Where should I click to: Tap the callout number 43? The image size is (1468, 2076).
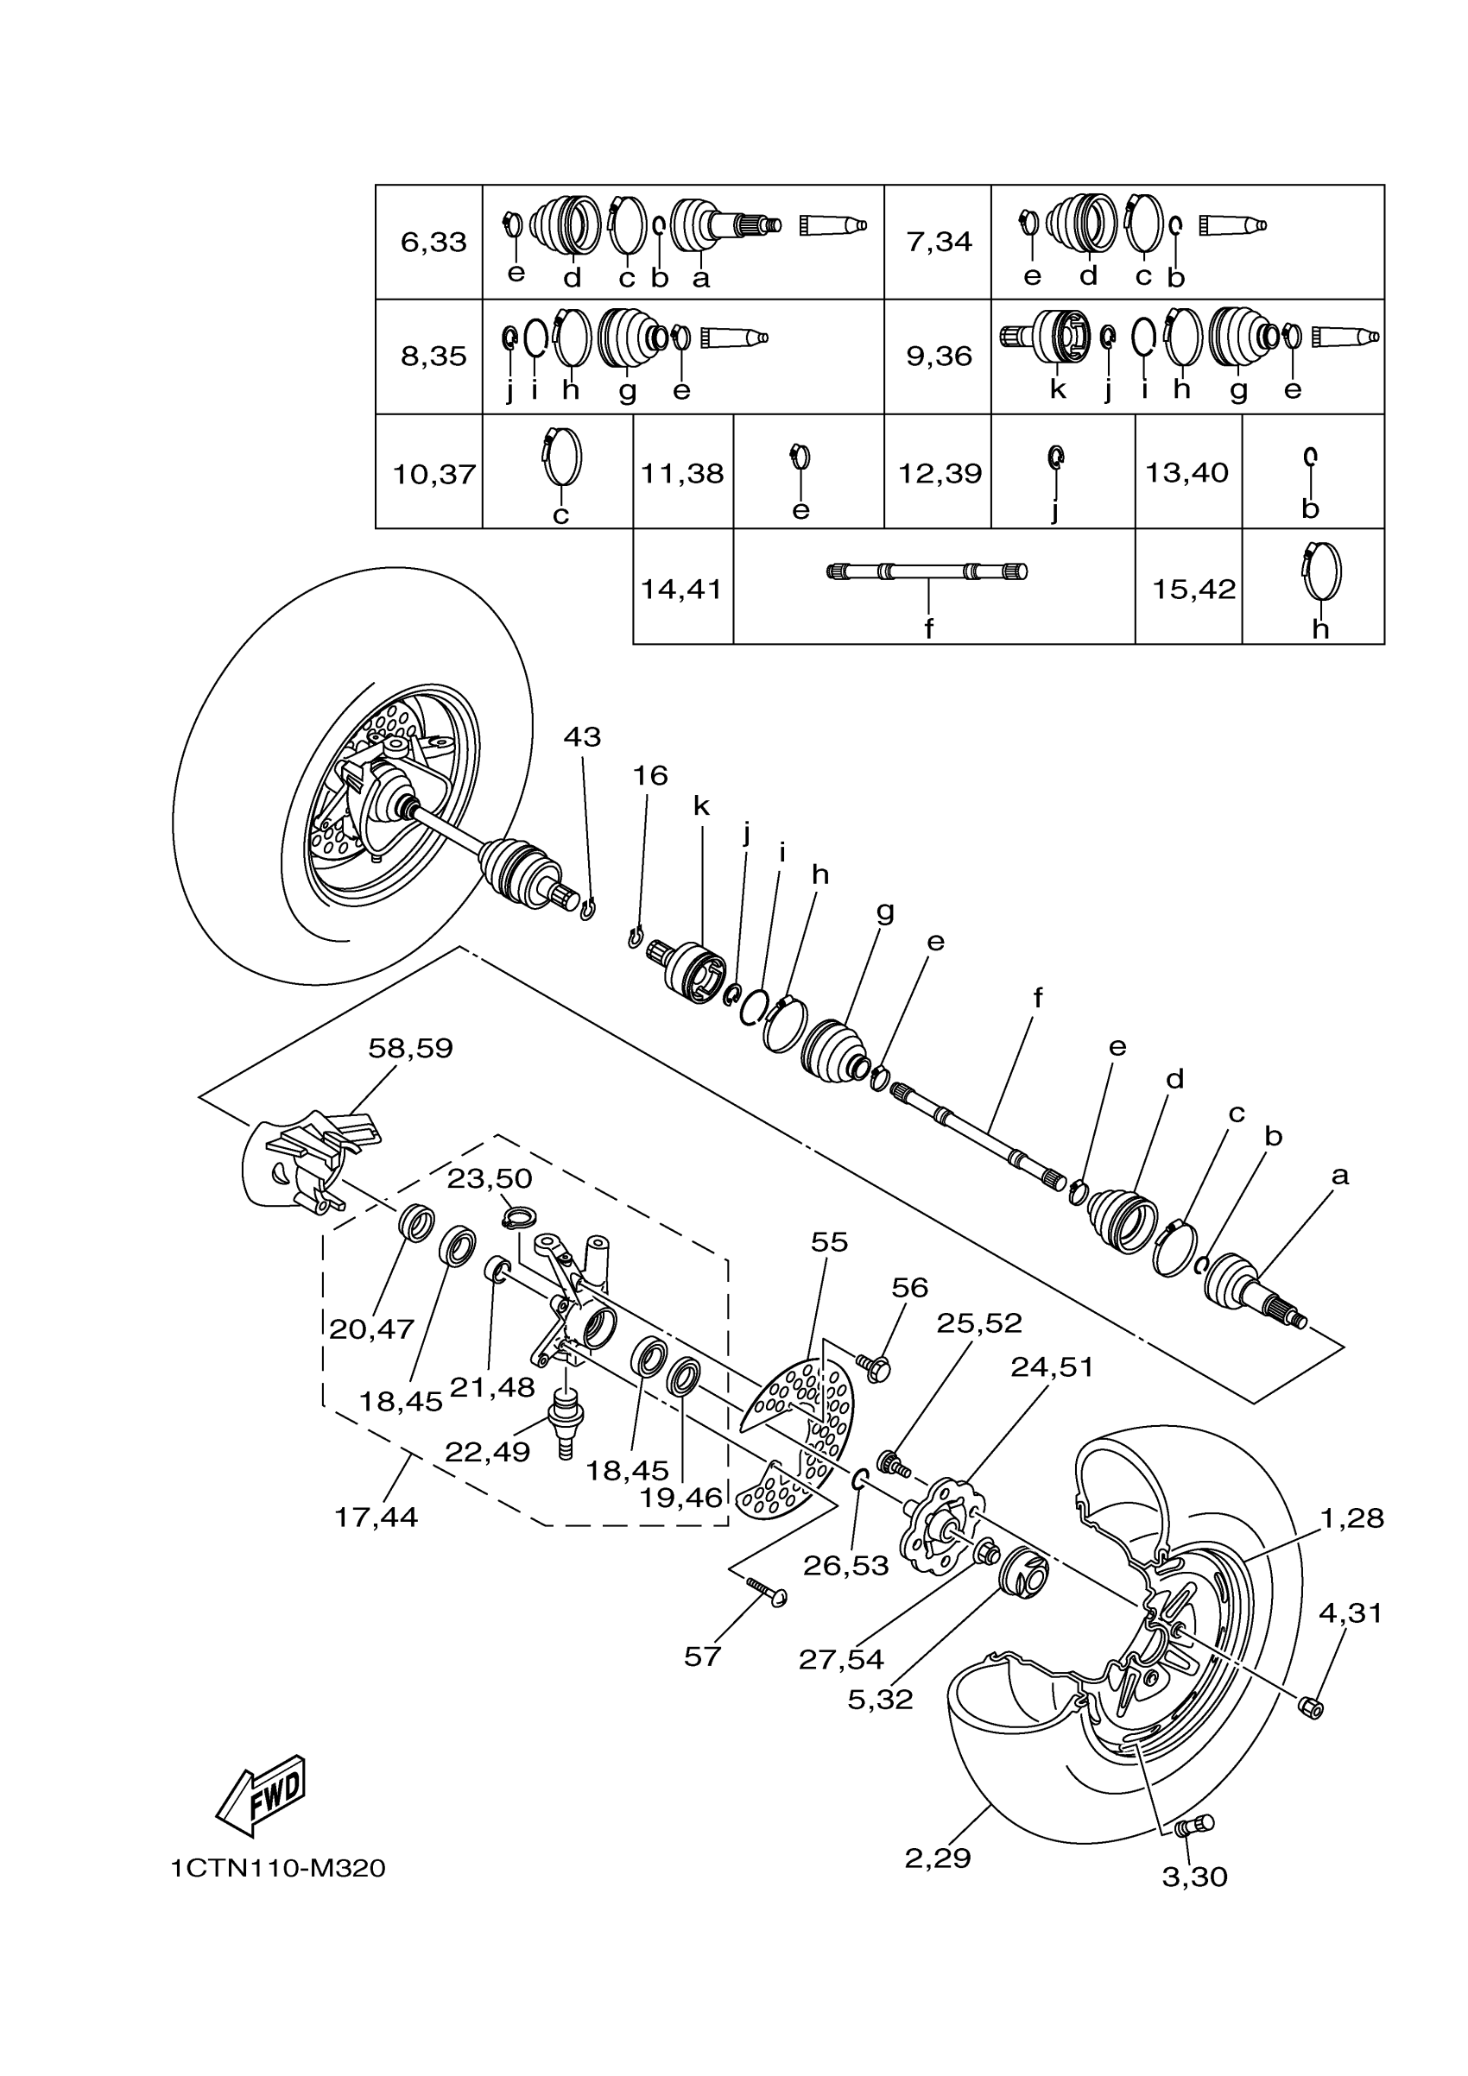(582, 737)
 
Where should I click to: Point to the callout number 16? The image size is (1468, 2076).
(649, 776)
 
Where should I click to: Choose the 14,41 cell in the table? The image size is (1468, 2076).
(682, 590)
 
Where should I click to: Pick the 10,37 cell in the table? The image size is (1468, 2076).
(434, 474)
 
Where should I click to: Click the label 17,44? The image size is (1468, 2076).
(376, 1518)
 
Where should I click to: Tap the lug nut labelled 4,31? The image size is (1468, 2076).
(1310, 1707)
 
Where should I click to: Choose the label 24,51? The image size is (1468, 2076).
(1052, 1367)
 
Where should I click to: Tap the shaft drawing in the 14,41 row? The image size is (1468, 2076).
(927, 571)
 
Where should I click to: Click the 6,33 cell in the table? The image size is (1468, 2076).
(433, 243)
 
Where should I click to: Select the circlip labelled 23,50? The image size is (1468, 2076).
(519, 1218)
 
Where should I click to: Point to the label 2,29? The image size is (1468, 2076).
(937, 1859)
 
